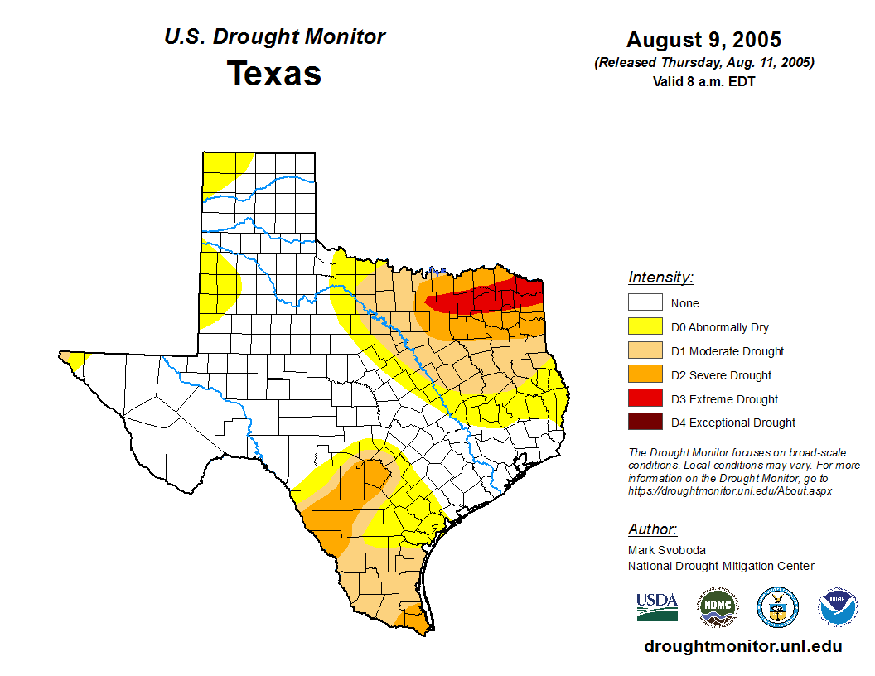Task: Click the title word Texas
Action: (x=274, y=74)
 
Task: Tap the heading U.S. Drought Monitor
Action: (x=274, y=37)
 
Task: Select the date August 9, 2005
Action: (x=703, y=40)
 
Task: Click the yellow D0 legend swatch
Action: (x=645, y=327)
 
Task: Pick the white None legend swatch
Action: (x=645, y=303)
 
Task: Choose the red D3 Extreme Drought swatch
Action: (x=645, y=398)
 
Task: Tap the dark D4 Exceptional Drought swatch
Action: (x=645, y=422)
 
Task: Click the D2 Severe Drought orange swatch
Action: (x=645, y=375)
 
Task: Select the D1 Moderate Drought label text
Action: (x=728, y=351)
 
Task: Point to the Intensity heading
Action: (x=660, y=278)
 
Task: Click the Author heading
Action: (x=652, y=529)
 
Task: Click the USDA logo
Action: (x=657, y=607)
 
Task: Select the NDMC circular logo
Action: (x=717, y=607)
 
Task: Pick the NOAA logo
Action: (x=838, y=607)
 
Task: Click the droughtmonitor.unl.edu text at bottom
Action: (x=742, y=647)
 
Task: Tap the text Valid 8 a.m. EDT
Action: (x=703, y=81)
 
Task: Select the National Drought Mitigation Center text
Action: (x=721, y=566)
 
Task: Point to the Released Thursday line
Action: (x=703, y=63)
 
